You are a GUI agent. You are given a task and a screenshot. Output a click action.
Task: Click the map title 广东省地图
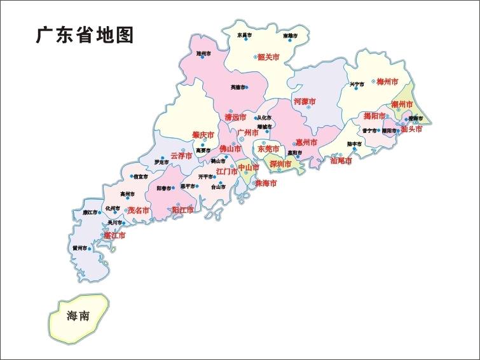(x=85, y=35)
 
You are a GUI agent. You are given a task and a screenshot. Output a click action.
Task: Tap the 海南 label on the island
(x=78, y=316)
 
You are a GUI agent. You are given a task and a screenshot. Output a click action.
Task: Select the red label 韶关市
(x=268, y=57)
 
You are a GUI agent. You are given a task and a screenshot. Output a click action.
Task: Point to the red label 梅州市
(x=387, y=82)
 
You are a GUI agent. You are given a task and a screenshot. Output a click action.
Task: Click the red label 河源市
(x=305, y=102)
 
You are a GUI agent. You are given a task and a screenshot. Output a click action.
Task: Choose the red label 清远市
(x=235, y=118)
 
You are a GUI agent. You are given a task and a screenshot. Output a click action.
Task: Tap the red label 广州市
(x=248, y=133)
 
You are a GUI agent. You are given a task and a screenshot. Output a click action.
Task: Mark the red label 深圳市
(x=280, y=164)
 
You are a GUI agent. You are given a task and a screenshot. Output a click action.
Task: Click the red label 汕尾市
(x=341, y=161)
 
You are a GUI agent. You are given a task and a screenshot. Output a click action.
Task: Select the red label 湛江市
(x=114, y=235)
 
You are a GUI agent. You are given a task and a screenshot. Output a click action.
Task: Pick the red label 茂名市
(x=138, y=210)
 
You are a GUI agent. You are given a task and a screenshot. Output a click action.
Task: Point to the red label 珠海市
(x=266, y=183)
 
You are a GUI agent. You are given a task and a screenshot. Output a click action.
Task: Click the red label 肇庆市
(x=203, y=135)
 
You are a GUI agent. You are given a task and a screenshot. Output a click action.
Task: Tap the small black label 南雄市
(x=291, y=36)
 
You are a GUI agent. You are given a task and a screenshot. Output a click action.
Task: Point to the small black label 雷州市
(x=79, y=248)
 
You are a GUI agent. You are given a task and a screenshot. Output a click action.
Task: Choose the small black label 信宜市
(x=141, y=177)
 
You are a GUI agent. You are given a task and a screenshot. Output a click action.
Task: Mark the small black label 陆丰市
(x=354, y=144)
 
